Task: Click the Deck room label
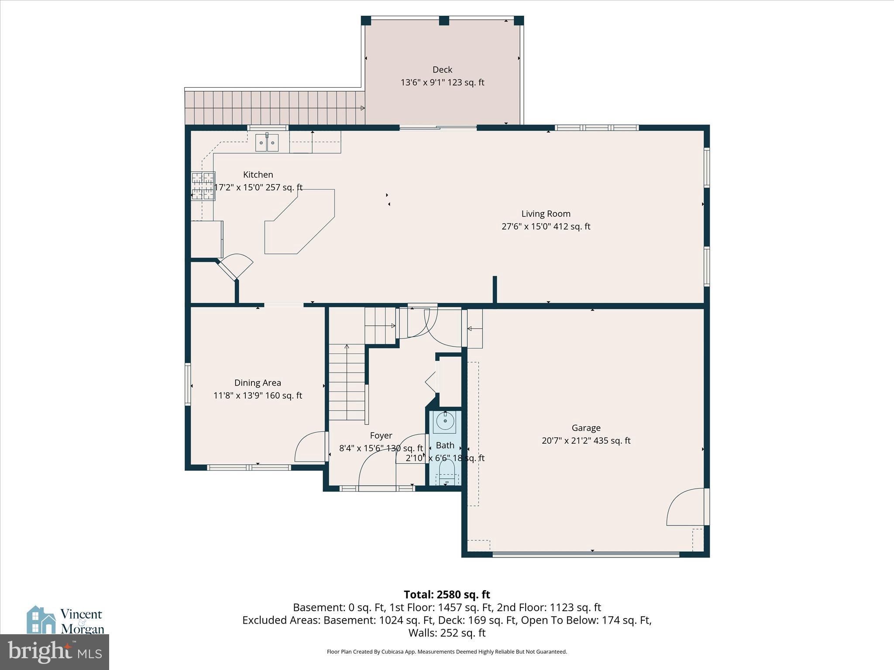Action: click(442, 70)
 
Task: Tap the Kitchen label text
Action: click(258, 174)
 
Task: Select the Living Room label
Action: click(546, 214)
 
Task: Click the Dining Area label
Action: click(258, 383)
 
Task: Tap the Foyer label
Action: click(381, 435)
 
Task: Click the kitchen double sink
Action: click(267, 143)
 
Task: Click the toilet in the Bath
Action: click(447, 473)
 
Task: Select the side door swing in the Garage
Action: click(685, 508)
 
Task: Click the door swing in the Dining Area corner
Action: click(310, 447)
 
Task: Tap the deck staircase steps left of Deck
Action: click(274, 108)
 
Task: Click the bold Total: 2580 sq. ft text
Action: click(447, 595)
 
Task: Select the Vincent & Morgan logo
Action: click(65, 620)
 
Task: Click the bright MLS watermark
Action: click(55, 652)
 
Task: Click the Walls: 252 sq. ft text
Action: click(447, 633)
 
